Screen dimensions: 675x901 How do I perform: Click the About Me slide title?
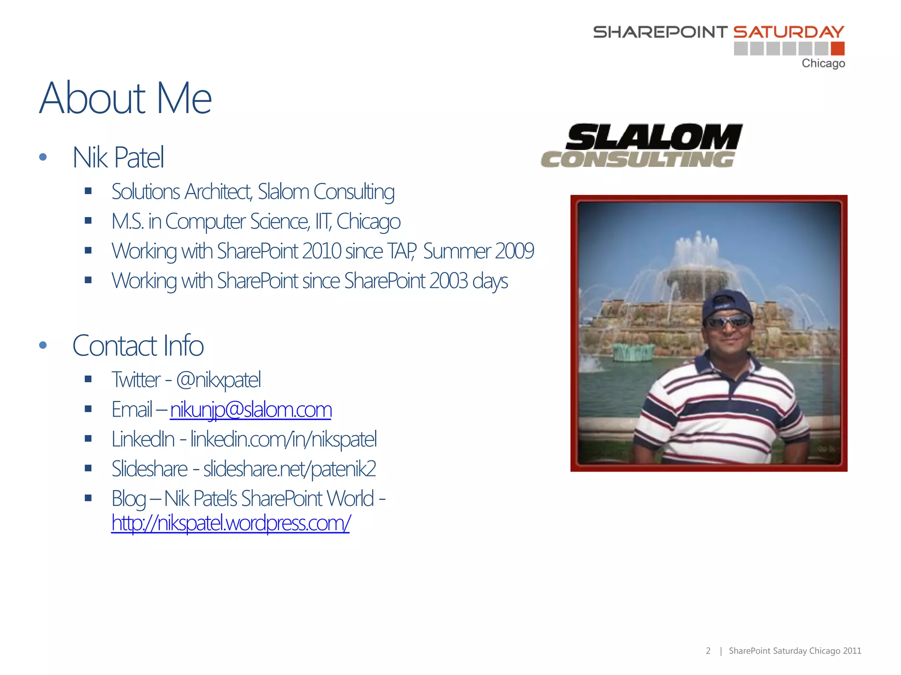[x=125, y=98]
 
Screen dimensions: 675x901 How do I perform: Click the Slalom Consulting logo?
[x=641, y=146]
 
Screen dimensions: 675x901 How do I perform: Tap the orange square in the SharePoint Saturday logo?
[x=838, y=49]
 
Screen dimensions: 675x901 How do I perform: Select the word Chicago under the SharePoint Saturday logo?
[x=823, y=64]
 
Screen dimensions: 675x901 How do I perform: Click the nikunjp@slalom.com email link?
[x=251, y=410]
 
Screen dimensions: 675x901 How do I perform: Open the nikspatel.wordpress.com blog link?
[x=231, y=523]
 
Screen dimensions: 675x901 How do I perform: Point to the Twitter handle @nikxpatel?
[x=218, y=380]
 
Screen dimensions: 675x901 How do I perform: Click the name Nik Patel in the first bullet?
[x=118, y=157]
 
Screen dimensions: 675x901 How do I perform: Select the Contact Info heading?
[x=138, y=345]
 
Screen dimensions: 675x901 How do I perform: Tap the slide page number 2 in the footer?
[x=708, y=651]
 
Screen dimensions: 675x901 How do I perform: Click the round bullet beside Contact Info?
[x=43, y=345]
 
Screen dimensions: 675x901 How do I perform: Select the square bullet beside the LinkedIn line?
[x=88, y=439]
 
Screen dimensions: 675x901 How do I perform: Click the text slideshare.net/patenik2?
[x=289, y=469]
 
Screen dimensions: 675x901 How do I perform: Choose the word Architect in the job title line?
[x=218, y=192]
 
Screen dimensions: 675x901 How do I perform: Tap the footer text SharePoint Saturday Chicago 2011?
[x=795, y=651]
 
